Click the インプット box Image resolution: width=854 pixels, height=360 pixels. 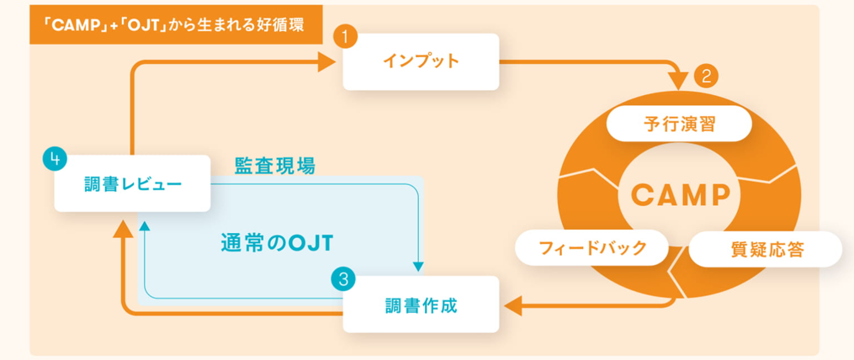tap(421, 61)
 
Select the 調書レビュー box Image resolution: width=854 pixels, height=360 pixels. tap(132, 183)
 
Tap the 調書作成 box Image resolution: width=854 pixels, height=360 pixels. tap(421, 304)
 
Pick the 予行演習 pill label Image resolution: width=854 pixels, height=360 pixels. tap(679, 124)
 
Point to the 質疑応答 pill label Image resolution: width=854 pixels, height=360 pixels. tap(766, 249)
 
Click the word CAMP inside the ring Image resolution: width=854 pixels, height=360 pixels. tap(681, 193)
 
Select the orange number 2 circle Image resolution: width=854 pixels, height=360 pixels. tap(707, 76)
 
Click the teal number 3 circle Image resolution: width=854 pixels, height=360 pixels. tap(343, 280)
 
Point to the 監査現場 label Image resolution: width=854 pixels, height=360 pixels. tap(275, 167)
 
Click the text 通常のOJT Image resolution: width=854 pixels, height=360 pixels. tap(277, 243)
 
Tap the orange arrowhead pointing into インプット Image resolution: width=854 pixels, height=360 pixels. tap(326, 61)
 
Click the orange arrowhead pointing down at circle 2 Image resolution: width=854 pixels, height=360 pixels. tap(681, 81)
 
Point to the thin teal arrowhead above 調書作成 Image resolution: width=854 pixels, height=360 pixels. tap(418, 267)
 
